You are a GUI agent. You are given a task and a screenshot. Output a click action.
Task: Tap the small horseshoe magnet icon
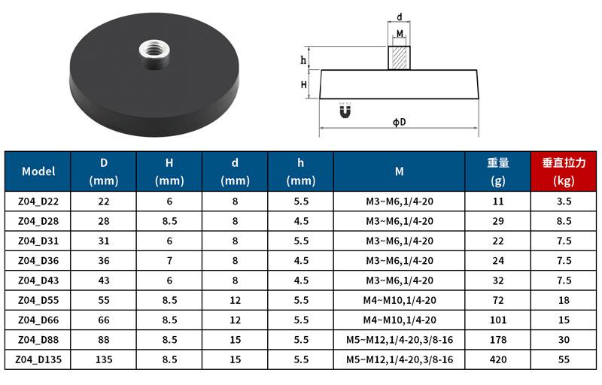pos(345,111)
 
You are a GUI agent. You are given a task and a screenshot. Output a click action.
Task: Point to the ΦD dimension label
pos(400,123)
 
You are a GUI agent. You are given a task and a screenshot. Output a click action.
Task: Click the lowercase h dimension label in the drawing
pos(303,60)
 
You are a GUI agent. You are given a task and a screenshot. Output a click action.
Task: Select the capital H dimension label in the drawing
pos(304,84)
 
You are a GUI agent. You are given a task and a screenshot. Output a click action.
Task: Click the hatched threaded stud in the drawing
pos(400,58)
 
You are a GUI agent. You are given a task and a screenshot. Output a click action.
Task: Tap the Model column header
pos(38,171)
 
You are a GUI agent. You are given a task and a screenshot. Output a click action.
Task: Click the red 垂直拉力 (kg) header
pos(564,171)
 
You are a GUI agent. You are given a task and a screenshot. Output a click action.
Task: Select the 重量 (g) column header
pos(498,171)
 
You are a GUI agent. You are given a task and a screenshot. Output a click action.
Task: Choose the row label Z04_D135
pos(38,359)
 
